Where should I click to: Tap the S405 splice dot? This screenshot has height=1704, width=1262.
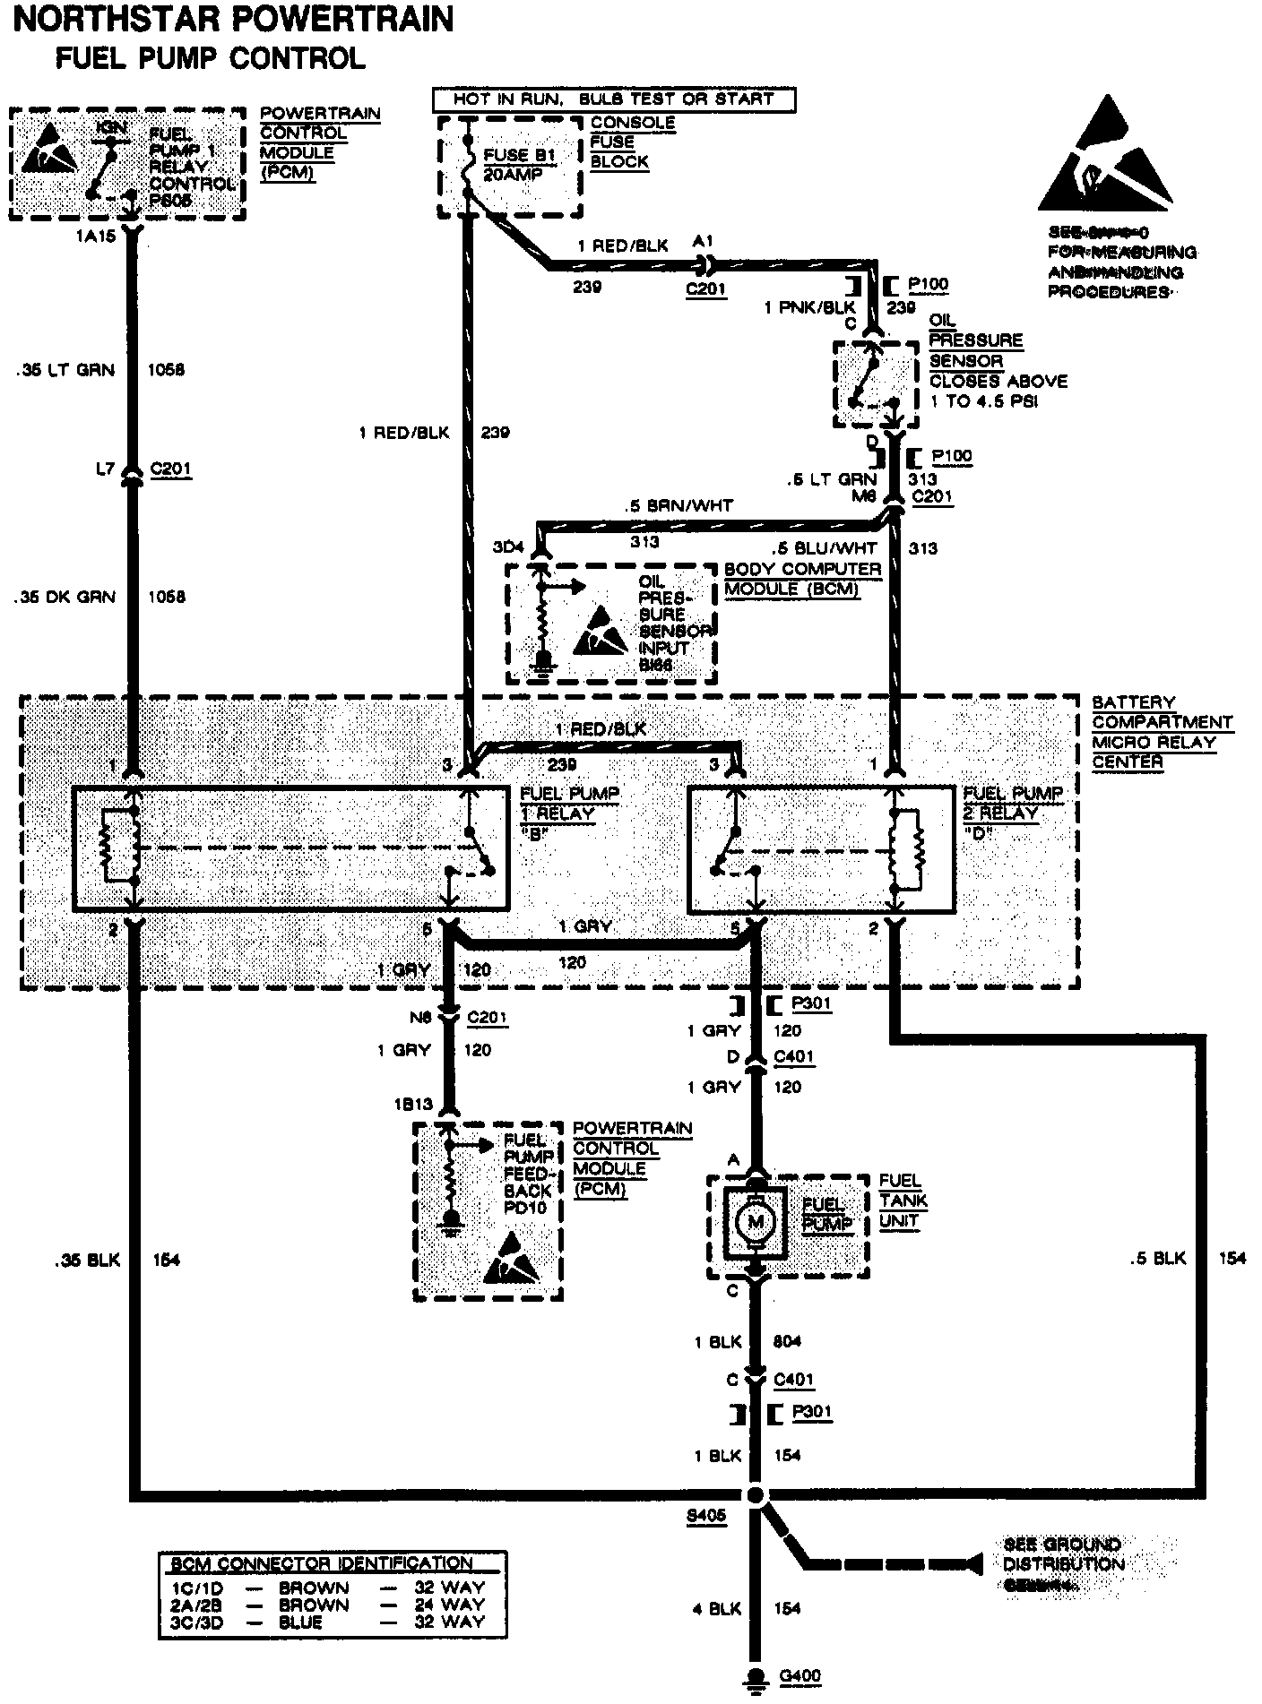pos(756,1494)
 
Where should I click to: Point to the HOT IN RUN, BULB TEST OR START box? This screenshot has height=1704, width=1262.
pos(613,99)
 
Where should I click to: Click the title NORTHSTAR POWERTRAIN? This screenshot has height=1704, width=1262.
pos(234,19)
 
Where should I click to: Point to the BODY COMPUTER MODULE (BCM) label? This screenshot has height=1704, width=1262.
pos(802,580)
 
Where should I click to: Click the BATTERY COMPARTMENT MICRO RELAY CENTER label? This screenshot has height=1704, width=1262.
pos(1162,732)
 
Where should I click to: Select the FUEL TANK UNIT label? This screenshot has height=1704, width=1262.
pos(903,1201)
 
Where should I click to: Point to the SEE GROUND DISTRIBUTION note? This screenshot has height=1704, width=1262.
pos(1063,1563)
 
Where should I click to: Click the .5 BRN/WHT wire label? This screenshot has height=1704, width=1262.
pos(679,505)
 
